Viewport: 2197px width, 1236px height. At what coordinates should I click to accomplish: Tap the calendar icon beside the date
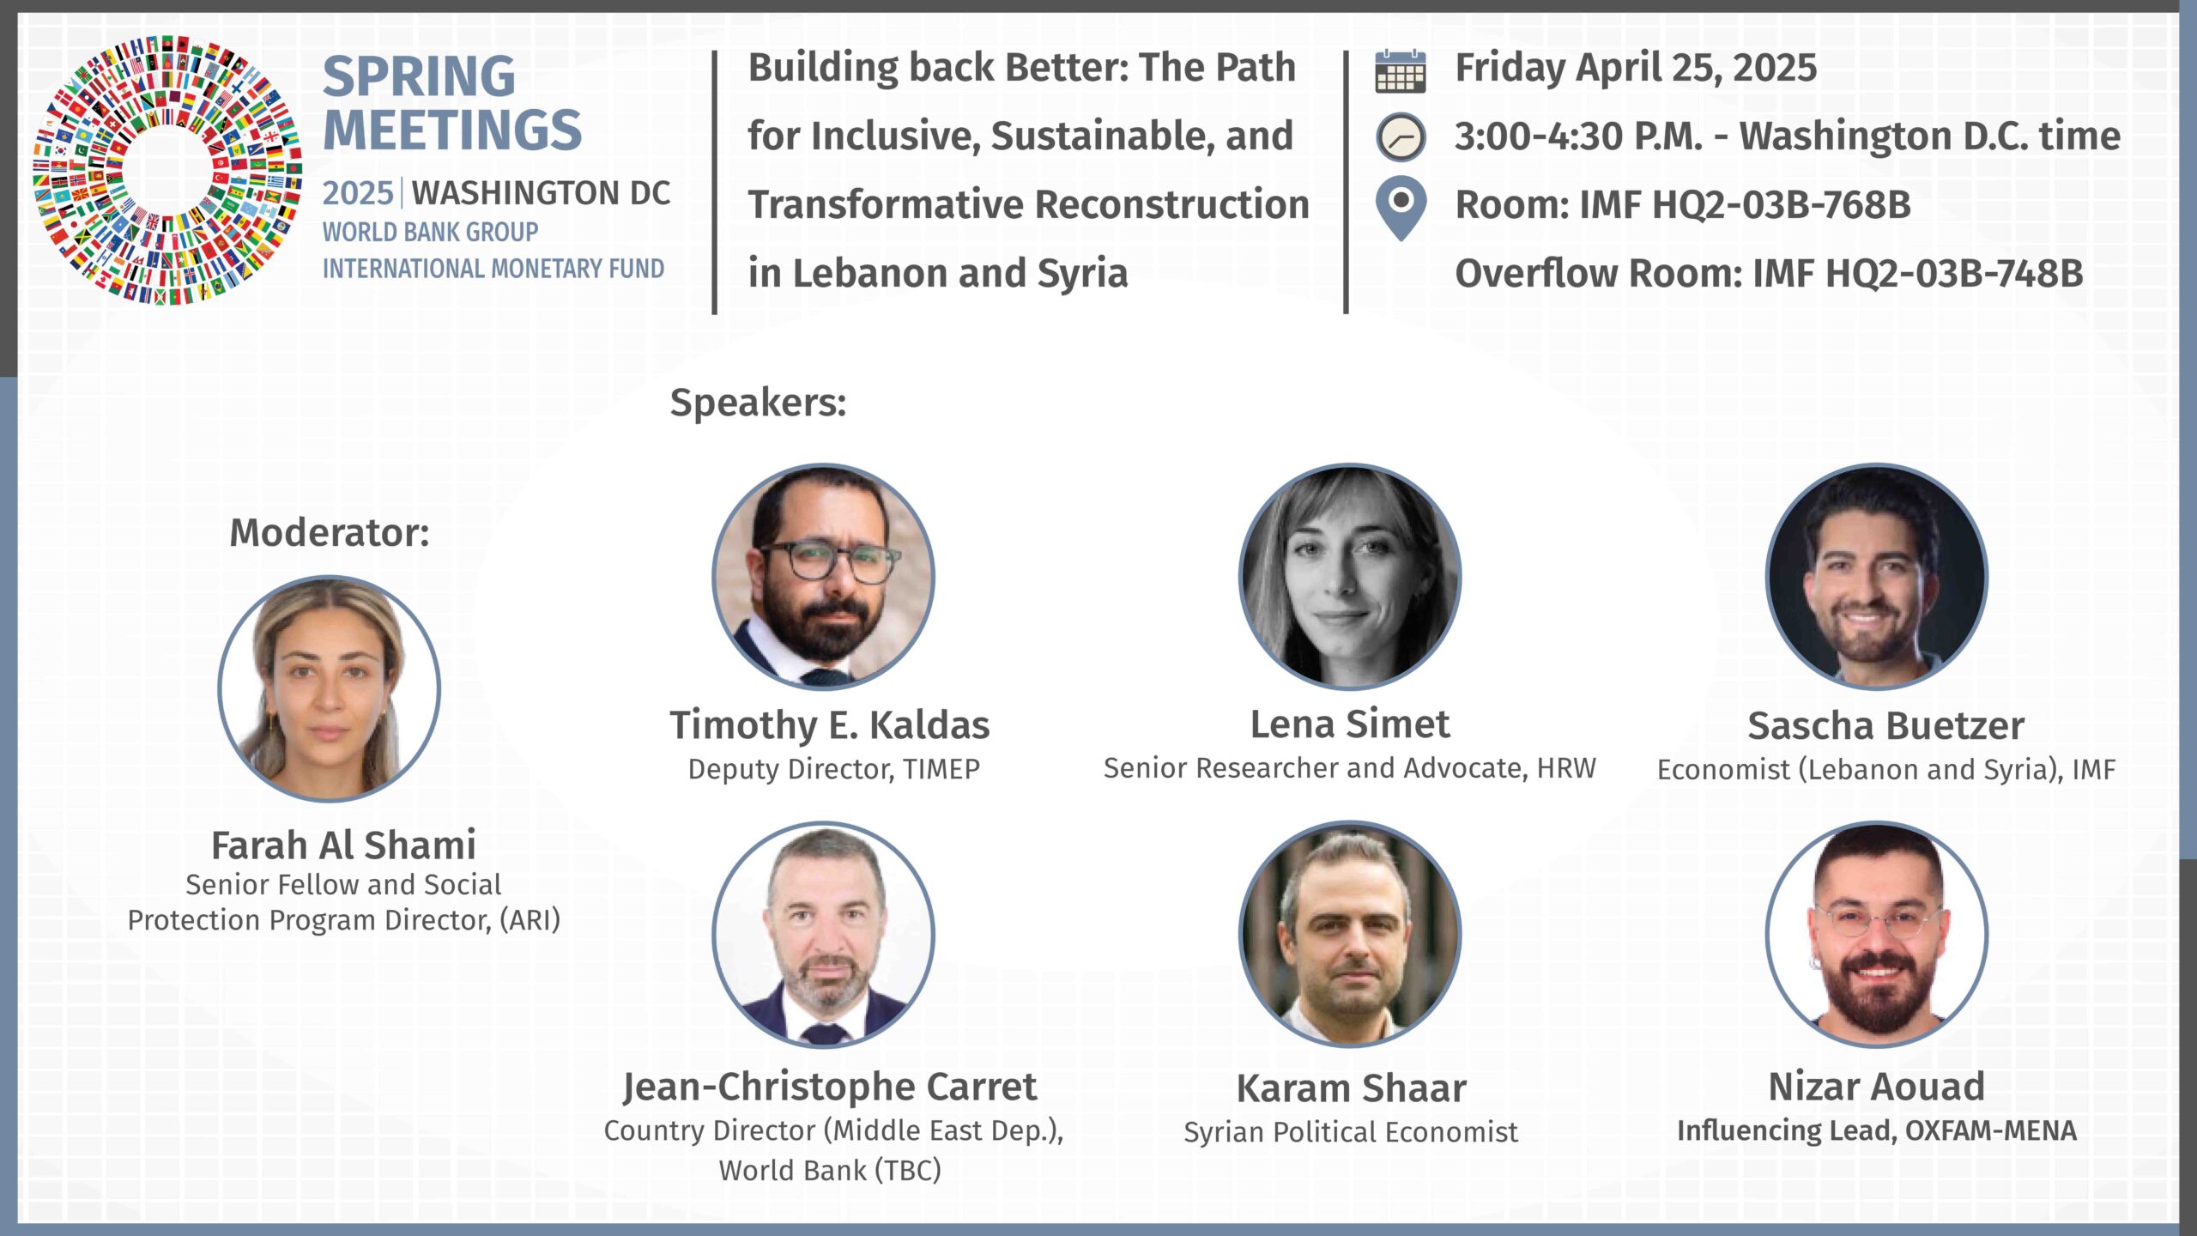[x=1400, y=70]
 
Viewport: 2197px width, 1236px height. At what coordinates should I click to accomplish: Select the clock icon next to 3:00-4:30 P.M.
[x=1401, y=137]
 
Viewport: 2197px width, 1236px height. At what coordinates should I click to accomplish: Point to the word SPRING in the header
[x=419, y=76]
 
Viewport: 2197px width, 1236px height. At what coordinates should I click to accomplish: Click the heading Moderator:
[x=330, y=532]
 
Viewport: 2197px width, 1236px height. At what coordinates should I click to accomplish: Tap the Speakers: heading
[x=758, y=403]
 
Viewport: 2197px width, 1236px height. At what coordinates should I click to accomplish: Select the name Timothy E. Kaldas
[x=830, y=725]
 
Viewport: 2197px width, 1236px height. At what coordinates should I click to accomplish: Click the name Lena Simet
[x=1350, y=724]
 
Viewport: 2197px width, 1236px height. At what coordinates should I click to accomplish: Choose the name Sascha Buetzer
[x=1886, y=726]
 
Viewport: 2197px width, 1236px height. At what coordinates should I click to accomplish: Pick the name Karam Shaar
[x=1352, y=1088]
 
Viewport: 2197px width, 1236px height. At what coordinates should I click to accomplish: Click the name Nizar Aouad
[x=1877, y=1087]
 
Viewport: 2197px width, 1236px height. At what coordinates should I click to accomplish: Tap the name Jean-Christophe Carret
[x=830, y=1088]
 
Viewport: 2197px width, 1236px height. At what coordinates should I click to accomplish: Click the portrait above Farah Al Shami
[x=330, y=688]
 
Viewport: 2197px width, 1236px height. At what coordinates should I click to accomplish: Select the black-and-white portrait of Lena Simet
[x=1350, y=577]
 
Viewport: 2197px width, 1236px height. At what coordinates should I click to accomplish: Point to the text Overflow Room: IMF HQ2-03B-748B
[x=1770, y=274]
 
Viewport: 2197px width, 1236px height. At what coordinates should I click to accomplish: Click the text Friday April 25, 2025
[x=1637, y=68]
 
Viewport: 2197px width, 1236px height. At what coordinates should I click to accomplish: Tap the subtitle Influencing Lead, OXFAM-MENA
[x=1877, y=1131]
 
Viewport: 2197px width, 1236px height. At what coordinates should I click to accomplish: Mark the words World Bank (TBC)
[x=830, y=1171]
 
